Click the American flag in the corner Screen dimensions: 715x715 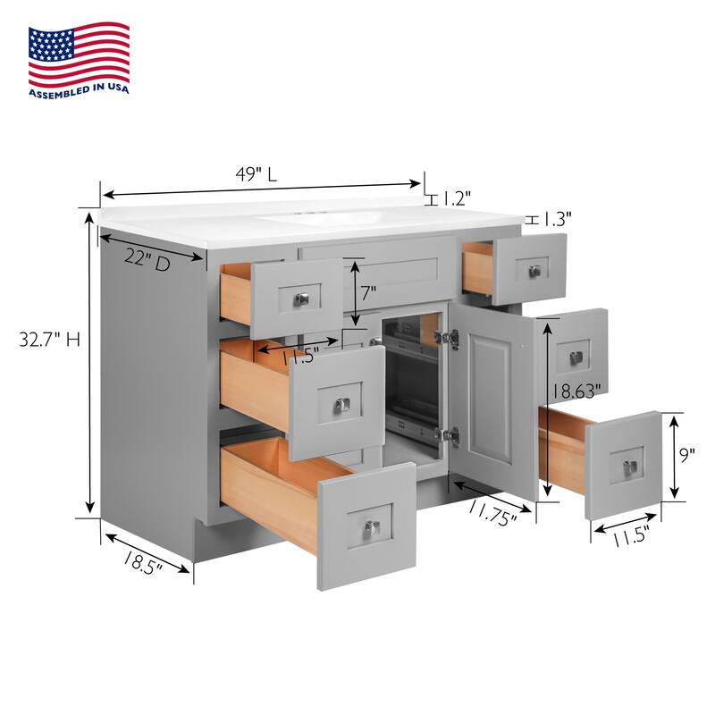[x=79, y=55]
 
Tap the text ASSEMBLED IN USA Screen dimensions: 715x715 [x=79, y=90]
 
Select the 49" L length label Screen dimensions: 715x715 [x=259, y=174]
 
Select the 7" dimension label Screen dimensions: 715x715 [x=368, y=291]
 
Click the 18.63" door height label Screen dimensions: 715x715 [x=576, y=390]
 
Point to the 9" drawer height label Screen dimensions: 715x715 [x=687, y=455]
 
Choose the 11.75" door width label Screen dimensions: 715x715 [x=491, y=515]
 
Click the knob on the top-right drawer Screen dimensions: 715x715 [x=535, y=271]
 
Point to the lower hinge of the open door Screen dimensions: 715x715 [x=450, y=435]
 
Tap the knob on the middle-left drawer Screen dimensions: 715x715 [x=341, y=405]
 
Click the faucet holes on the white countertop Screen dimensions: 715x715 [x=309, y=214]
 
